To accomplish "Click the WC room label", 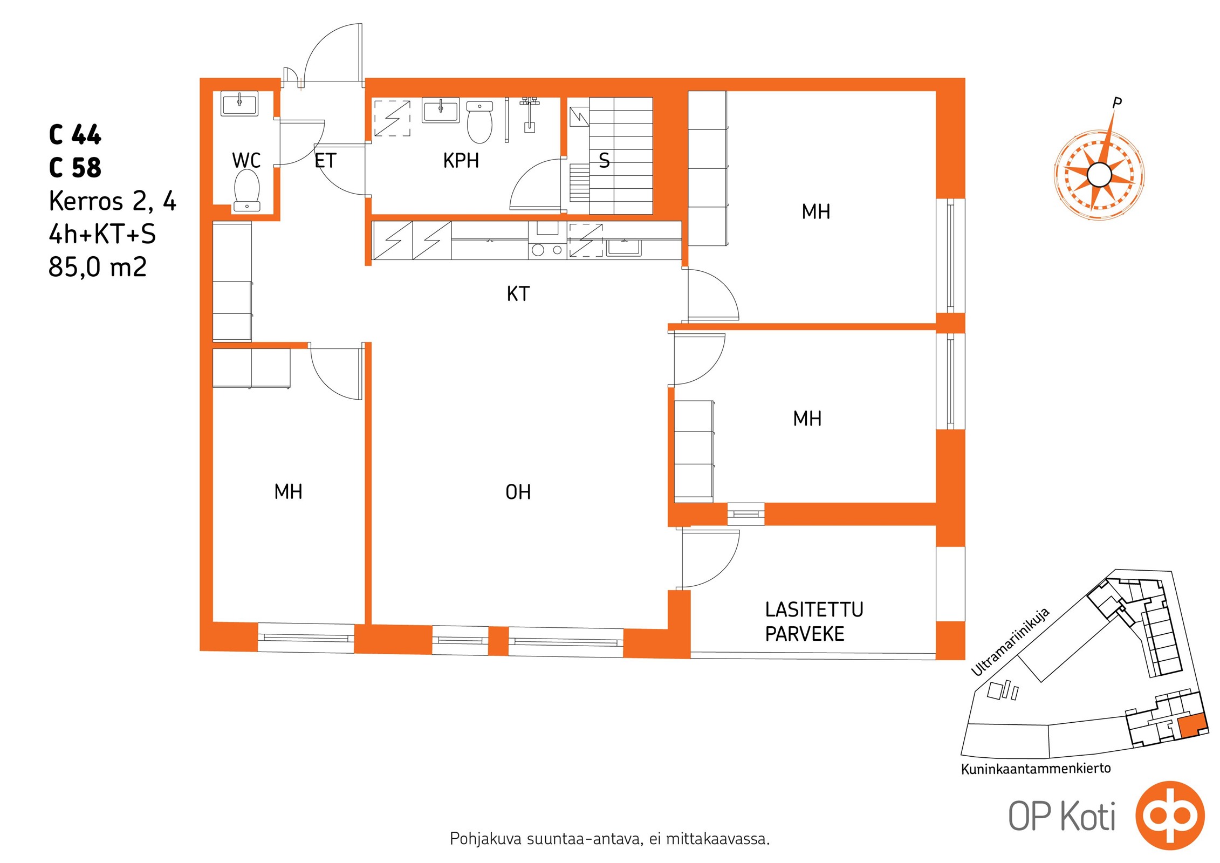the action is (246, 160).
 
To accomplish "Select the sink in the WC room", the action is (239, 104).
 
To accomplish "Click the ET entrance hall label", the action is (325, 160).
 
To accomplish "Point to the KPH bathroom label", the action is (461, 161).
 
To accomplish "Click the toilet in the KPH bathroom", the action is (479, 122).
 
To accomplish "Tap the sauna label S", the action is (604, 161).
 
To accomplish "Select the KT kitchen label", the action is (518, 293).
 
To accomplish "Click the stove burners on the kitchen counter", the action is (547, 250).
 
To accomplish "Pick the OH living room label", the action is (518, 492).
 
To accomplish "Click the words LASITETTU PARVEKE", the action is (814, 622).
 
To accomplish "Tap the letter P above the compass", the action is (1117, 102).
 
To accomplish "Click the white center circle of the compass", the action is (1099, 175).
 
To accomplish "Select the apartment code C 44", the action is (75, 135).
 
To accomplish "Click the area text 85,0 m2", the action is (98, 266).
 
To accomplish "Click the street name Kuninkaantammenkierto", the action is (1036, 768).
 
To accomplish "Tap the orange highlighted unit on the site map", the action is (1191, 724).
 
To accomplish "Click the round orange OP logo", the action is (1170, 815).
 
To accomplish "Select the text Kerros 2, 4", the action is (112, 201).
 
